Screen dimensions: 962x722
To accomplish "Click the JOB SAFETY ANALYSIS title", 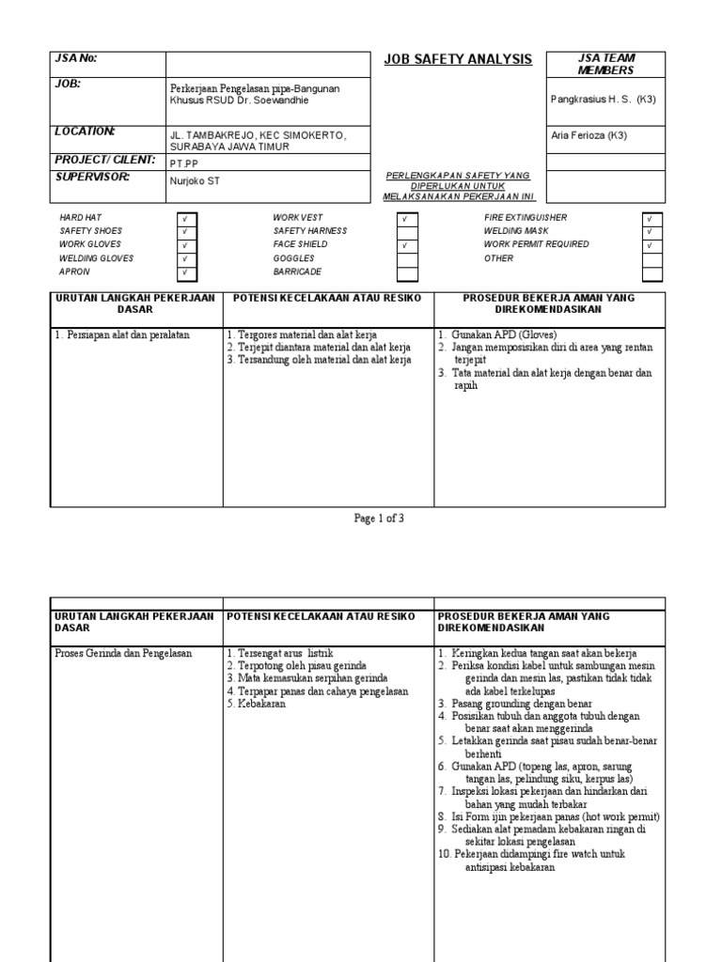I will [458, 60].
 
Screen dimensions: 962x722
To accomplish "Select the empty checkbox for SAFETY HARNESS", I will [406, 231].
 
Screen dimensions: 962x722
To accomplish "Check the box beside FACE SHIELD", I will [406, 245].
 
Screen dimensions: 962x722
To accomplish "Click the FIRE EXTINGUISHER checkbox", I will [651, 218].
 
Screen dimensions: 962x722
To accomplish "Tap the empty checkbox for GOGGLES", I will [406, 259].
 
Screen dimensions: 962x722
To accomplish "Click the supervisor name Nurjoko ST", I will [195, 181].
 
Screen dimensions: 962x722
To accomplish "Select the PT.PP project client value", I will [184, 163].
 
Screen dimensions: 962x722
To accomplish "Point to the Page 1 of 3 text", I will [379, 518].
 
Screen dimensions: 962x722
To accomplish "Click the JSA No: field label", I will [75, 58].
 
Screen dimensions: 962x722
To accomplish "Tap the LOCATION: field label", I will [85, 132].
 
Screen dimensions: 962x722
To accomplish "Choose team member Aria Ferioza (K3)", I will [589, 135].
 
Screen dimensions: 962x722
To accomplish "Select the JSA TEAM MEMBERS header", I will [605, 64].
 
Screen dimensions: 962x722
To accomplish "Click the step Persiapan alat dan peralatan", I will [121, 334].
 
